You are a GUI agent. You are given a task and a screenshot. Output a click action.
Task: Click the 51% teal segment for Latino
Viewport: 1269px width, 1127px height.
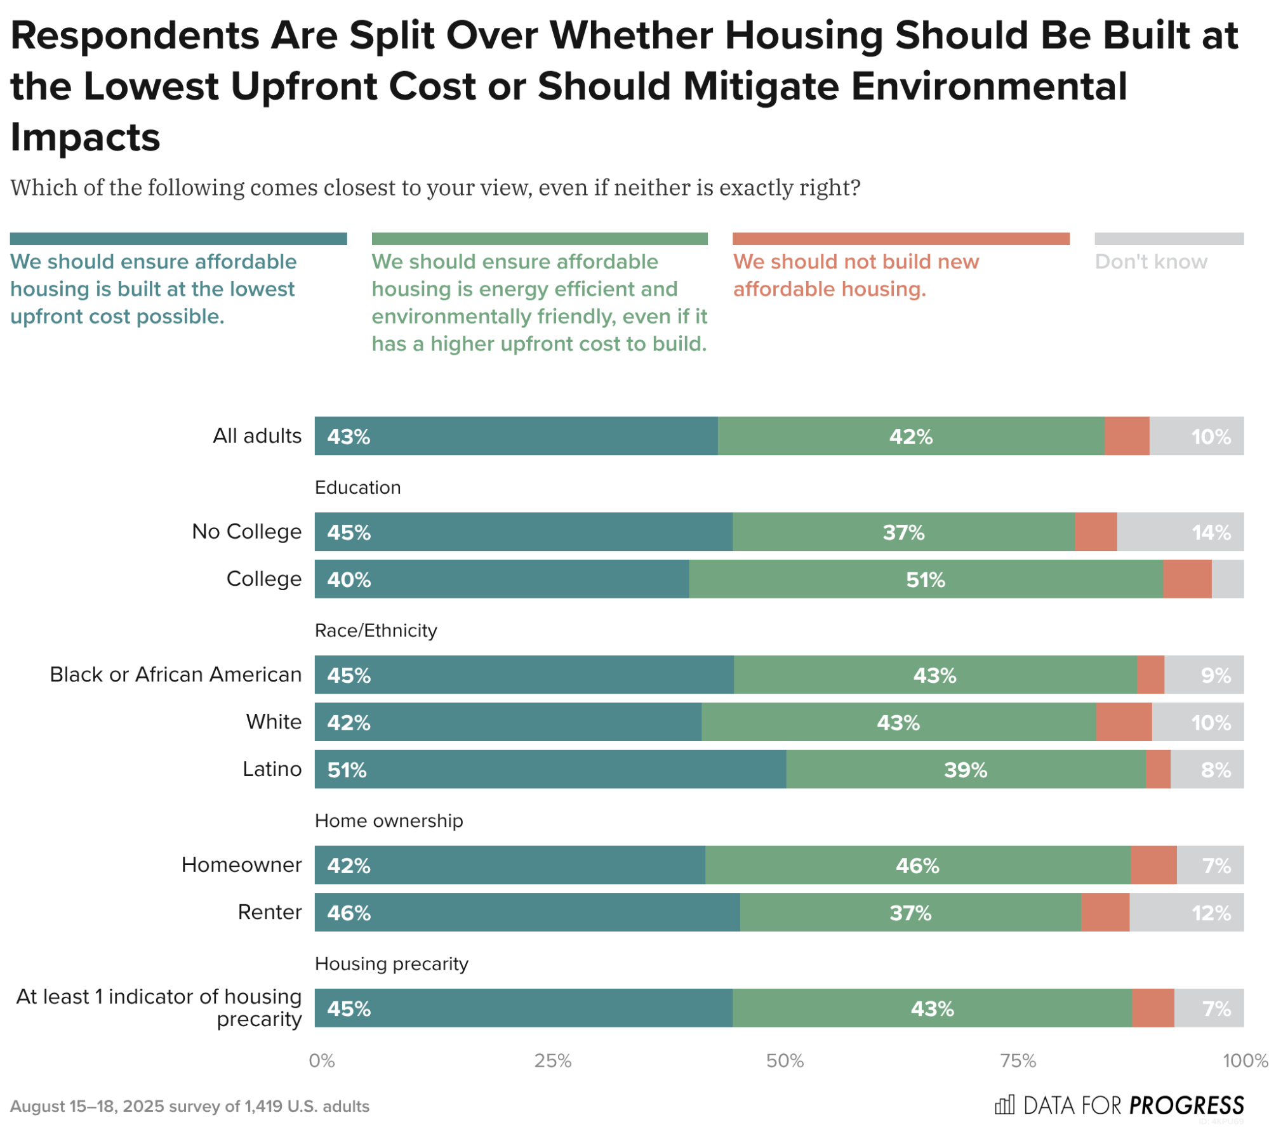coord(550,769)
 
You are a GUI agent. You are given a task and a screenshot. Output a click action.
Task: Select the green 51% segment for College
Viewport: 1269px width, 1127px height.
coord(926,579)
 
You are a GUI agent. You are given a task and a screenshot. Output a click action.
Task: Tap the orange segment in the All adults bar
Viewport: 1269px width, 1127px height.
coord(1126,436)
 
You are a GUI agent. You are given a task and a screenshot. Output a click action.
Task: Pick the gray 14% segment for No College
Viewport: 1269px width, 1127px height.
coord(1179,532)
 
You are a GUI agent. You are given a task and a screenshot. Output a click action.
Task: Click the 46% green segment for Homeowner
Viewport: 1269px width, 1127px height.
coord(917,865)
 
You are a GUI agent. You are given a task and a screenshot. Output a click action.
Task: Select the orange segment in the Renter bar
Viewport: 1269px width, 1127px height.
coord(1105,913)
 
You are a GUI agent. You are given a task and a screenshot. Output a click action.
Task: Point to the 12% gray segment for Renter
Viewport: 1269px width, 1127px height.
coord(1186,913)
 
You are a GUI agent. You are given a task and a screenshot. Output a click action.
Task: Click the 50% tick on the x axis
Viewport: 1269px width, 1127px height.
coord(785,1061)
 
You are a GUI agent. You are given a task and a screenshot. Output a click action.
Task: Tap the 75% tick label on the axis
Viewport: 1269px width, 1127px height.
coord(1018,1061)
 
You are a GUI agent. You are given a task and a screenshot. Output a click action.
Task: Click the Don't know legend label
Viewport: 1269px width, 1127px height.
coord(1150,261)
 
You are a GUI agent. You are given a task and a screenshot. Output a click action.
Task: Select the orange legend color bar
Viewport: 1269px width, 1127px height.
coord(900,239)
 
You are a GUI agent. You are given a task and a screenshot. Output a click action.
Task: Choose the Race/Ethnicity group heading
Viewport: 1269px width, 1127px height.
coord(376,630)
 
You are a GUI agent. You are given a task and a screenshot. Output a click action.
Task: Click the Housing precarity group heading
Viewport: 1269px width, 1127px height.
coord(391,963)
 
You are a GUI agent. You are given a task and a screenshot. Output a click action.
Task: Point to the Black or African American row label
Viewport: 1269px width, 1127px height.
coord(175,674)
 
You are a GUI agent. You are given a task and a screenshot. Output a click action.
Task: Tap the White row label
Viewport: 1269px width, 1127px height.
coord(274,722)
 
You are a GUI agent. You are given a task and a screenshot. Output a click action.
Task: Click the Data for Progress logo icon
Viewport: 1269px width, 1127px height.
coord(1004,1105)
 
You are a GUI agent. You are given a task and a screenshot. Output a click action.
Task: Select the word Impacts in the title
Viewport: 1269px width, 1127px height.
coord(85,136)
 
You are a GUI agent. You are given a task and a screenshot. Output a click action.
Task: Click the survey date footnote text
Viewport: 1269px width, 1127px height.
coord(189,1106)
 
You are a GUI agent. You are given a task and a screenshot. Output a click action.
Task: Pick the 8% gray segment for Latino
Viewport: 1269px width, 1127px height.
coord(1206,769)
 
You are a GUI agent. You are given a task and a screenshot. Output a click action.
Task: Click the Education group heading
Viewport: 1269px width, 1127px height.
coord(357,487)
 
